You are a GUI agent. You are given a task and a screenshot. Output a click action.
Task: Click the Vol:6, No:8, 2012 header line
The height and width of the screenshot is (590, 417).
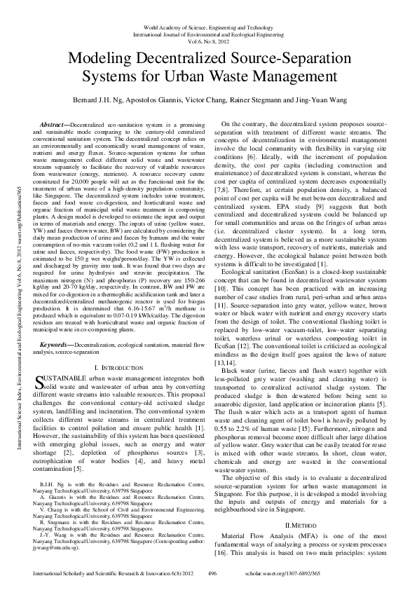point(208,41)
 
